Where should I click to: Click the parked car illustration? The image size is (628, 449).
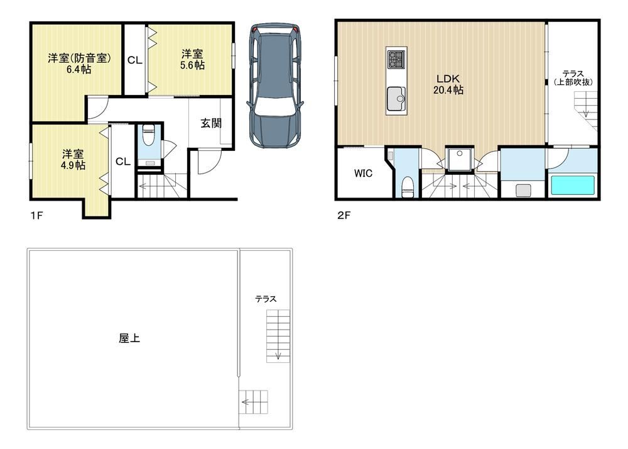[x=275, y=86]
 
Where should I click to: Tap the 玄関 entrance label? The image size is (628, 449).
[x=210, y=123]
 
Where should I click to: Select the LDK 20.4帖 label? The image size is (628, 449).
[x=448, y=84]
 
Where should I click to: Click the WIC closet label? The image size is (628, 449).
[x=363, y=173]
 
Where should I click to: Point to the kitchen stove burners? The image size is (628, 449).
[x=396, y=59]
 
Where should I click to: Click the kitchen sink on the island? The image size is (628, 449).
[x=396, y=99]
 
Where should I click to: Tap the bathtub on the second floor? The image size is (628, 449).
[x=573, y=186]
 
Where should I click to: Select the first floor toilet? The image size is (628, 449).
[x=149, y=135]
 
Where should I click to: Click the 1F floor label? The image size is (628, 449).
[x=36, y=215]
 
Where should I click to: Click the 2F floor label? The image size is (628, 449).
[x=344, y=215]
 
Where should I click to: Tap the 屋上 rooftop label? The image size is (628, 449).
[x=129, y=338]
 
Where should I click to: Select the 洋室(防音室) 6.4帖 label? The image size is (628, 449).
[x=79, y=64]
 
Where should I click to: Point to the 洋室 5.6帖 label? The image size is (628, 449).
[x=192, y=59]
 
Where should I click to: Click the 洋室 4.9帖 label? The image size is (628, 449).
[x=73, y=160]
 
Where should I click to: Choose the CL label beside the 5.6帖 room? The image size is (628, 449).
[x=134, y=60]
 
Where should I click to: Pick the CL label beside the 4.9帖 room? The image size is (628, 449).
[x=123, y=162]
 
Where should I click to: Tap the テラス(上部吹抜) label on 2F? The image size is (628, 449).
[x=573, y=78]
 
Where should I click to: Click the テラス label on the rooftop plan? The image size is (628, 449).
[x=266, y=299]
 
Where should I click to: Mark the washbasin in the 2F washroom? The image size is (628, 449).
[x=523, y=190]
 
